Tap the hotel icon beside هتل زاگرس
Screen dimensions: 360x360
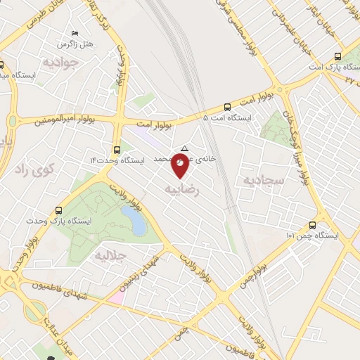75,34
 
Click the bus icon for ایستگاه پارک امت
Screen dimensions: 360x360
338,56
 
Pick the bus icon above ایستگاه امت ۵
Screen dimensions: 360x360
226,107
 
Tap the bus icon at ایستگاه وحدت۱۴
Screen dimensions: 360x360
117,149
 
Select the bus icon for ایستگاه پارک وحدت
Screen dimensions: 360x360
58,210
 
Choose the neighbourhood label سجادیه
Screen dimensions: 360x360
262,179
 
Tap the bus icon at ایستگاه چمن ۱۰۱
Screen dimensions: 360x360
313,225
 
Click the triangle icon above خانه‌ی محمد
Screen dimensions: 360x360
184,148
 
